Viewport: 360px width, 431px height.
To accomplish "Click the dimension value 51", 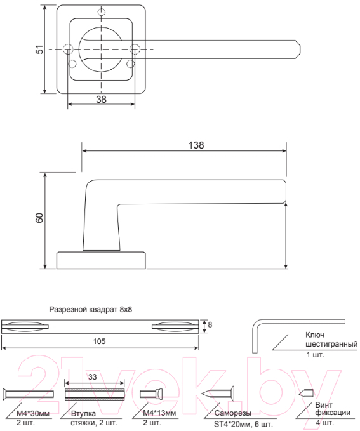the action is pos(40,50).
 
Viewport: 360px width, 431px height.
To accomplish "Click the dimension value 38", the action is pos(101,99).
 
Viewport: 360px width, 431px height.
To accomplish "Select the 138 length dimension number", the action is pos(196,145).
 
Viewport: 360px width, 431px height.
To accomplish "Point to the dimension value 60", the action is pos(40,218).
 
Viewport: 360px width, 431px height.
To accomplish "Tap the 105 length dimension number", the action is pos(99,341).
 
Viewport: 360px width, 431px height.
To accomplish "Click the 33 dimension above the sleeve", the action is pos(93,376).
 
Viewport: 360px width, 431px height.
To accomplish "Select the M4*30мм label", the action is pos(33,413).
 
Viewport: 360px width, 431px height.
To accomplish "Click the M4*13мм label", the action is pos(159,413).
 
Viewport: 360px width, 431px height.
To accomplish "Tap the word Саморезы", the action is pos(232,413).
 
